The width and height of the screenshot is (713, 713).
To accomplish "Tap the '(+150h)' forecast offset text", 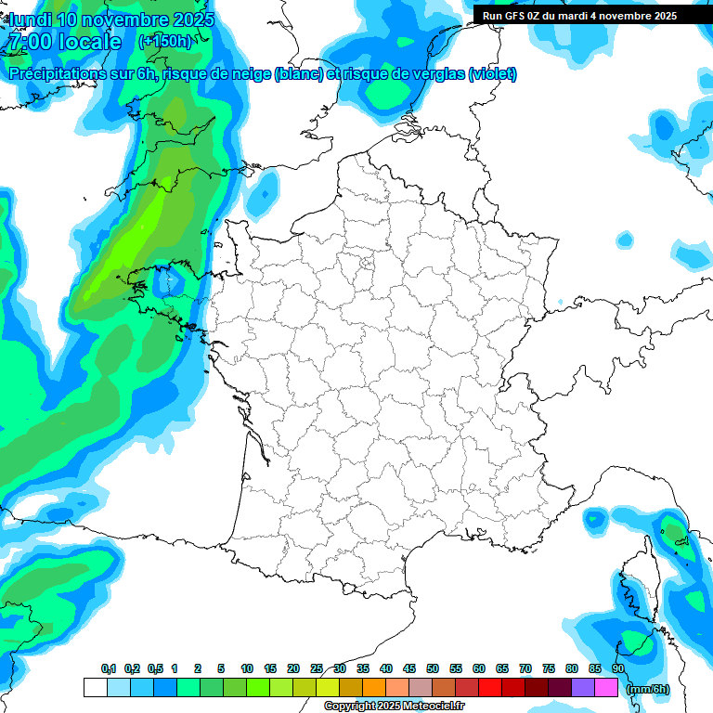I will coord(165,42).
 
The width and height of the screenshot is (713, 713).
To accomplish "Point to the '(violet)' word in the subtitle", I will coord(492,74).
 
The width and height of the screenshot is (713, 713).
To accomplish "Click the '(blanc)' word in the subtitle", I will coord(298,74).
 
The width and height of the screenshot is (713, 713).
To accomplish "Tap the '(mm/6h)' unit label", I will coord(646,688).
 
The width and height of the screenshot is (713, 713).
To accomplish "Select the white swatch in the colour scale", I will coord(95,688).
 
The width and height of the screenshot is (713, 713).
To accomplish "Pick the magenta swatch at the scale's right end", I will coord(606,688).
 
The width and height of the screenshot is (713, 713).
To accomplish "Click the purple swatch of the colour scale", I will coord(583,688).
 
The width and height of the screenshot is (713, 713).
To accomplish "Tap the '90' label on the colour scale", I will coord(617,669).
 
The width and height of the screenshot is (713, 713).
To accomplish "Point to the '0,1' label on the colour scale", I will coord(108,669).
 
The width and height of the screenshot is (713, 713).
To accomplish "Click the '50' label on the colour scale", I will coord(432,669).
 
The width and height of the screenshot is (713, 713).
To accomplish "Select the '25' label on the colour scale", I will coord(317,669).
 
